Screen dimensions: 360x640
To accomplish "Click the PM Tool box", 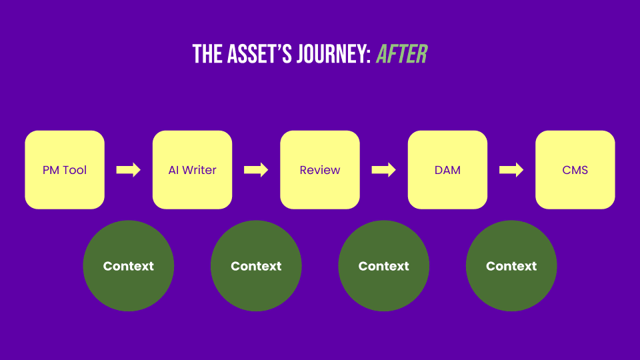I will coord(65,169).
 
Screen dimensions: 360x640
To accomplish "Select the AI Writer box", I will coord(192,169).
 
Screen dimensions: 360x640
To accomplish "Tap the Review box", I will coord(320,169).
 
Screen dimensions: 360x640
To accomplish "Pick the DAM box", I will coord(447,169).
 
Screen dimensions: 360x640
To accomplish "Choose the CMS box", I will coord(575,169).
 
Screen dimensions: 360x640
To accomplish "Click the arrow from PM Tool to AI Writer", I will coord(129,170).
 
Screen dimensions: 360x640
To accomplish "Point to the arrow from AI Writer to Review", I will coord(256,170).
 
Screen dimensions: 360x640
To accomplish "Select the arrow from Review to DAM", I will coord(384,170).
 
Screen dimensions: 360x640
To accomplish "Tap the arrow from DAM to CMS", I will coord(511,170).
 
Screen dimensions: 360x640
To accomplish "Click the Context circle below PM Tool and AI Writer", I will coord(129,266).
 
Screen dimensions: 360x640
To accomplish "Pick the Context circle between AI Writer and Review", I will coord(256,266).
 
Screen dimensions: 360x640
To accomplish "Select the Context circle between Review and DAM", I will coord(384,266).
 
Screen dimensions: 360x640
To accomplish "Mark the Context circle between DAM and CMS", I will coord(511,266).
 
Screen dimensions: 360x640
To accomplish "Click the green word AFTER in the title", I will coord(402,54).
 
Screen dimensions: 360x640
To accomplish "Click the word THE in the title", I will coord(207,54).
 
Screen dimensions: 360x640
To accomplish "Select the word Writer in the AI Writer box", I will coord(199,170).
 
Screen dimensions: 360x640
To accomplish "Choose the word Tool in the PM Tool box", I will coord(75,170).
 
